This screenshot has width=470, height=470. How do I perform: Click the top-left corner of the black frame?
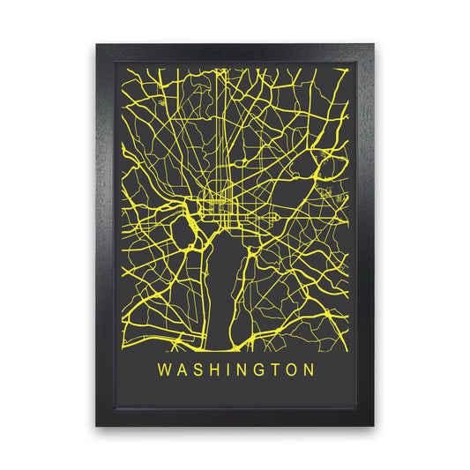click(98, 43)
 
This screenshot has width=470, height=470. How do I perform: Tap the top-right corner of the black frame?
click(373, 43)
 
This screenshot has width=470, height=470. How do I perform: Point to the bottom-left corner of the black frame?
click(98, 426)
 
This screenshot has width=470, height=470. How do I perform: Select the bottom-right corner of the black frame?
click(373, 426)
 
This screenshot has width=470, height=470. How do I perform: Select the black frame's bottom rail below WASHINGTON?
click(235, 415)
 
